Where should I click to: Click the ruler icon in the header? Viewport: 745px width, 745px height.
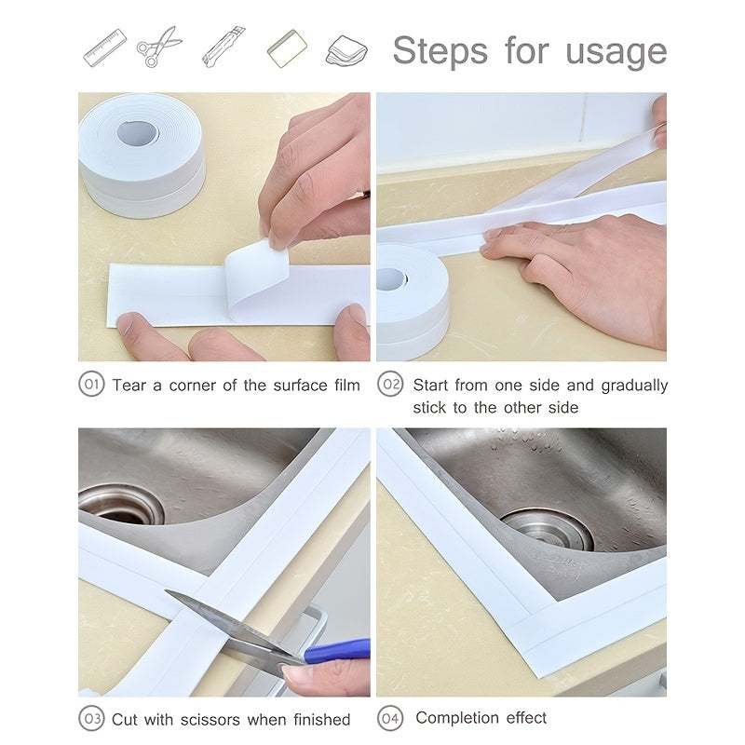(104, 48)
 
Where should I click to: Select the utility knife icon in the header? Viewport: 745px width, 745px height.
(223, 47)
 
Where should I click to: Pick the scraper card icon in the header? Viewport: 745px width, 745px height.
(287, 48)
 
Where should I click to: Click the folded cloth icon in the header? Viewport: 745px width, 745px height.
(345, 49)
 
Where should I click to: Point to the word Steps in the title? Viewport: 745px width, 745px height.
(440, 50)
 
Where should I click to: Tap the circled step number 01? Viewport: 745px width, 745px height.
(91, 385)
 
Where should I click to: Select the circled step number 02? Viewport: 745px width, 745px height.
(390, 385)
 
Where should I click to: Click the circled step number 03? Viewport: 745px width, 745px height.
(91, 719)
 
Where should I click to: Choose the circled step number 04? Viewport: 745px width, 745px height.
(390, 718)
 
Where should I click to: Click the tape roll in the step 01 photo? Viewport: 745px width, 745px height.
(141, 154)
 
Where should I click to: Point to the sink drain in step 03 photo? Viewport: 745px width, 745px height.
(121, 504)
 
